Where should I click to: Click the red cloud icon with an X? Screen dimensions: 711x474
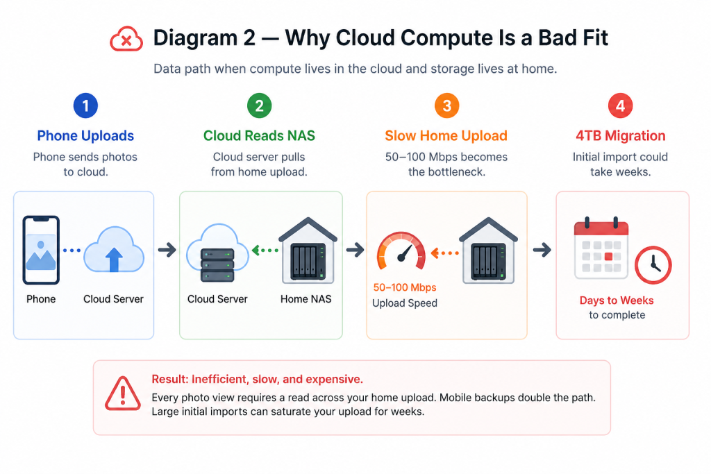(x=126, y=39)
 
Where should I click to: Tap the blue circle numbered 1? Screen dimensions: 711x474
(x=85, y=105)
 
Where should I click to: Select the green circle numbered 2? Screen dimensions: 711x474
(x=260, y=105)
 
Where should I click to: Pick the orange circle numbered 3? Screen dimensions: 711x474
(x=446, y=105)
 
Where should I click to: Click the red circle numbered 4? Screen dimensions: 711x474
(x=620, y=105)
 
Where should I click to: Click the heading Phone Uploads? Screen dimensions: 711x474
(x=85, y=135)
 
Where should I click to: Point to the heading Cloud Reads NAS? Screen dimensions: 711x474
(x=259, y=135)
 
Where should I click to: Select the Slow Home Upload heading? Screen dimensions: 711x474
(x=446, y=135)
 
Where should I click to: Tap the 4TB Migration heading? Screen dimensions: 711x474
(x=621, y=135)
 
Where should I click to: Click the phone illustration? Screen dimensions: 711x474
(x=41, y=250)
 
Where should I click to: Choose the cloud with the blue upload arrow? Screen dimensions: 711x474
(x=115, y=250)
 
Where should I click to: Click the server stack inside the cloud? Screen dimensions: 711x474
(x=217, y=265)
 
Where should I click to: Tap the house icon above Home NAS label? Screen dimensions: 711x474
(x=308, y=251)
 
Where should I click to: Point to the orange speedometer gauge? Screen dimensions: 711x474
(x=401, y=251)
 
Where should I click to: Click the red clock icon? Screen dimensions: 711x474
(x=653, y=265)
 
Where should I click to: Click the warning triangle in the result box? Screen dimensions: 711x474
(x=123, y=393)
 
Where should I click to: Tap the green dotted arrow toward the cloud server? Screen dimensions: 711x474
(x=265, y=250)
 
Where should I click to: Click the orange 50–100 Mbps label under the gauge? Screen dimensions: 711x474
(x=405, y=287)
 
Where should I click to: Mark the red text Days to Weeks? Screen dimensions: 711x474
(x=617, y=301)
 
